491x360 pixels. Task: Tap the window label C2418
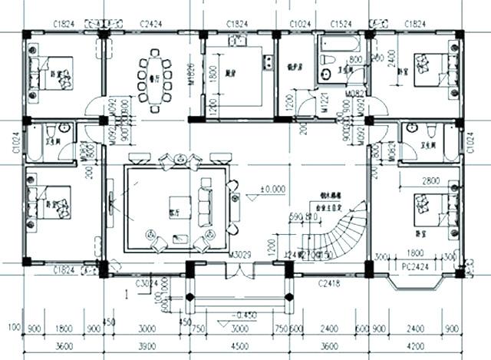click(x=328, y=283)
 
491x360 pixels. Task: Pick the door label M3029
click(x=239, y=255)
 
